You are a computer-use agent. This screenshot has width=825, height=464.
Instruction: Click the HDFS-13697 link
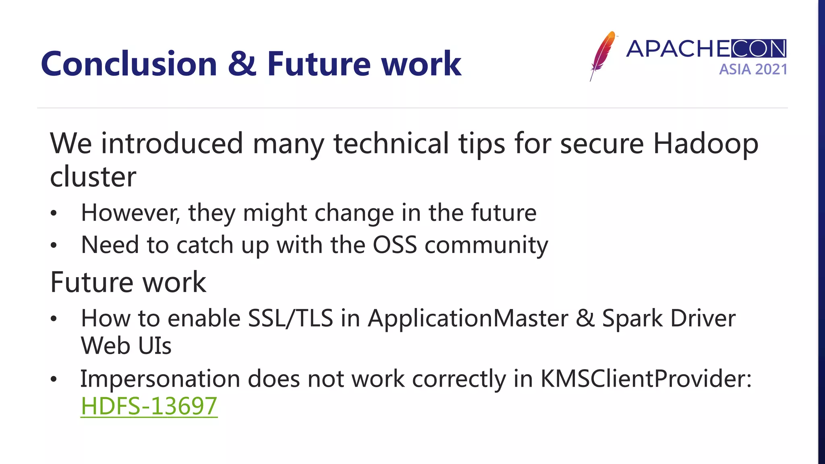coord(149,406)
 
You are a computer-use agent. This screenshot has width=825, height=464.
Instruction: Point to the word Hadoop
coord(705,144)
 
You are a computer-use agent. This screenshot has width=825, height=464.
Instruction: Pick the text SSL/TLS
coord(290,318)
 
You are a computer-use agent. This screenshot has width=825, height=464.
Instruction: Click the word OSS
coord(394,245)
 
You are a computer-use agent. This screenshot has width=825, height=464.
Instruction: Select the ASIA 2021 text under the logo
coord(753,70)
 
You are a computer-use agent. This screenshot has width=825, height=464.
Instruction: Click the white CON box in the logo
coord(758,49)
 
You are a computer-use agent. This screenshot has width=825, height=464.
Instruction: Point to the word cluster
coord(93,177)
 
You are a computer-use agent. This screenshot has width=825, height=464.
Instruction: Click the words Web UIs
coord(126,346)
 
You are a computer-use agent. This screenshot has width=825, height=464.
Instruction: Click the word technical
coord(391,144)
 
